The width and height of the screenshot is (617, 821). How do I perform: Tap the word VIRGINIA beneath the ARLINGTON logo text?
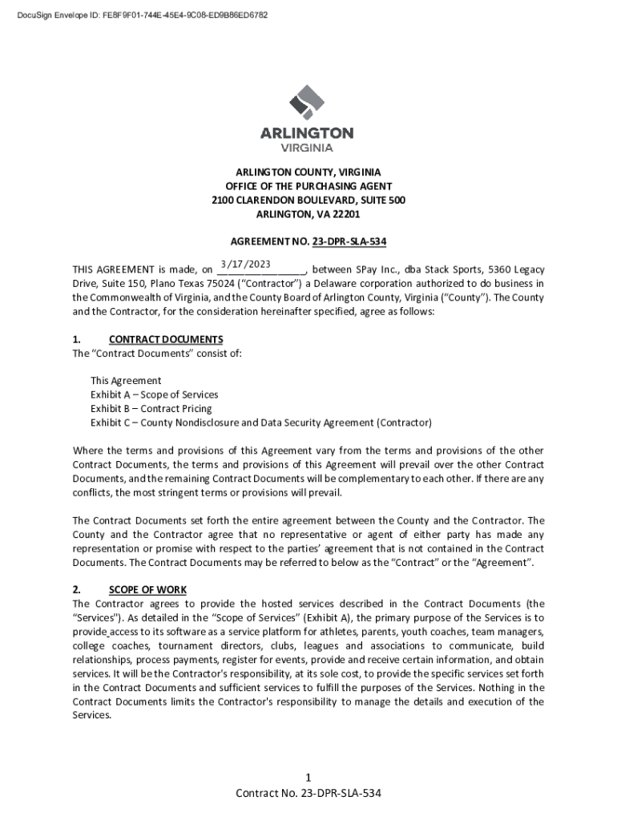307,148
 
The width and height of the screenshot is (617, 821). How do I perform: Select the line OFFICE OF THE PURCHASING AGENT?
308,186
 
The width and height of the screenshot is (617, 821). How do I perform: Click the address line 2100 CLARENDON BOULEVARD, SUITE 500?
308,200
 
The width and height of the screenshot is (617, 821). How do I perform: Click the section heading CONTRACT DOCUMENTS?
166,339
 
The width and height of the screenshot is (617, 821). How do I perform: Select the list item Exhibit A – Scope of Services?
154,394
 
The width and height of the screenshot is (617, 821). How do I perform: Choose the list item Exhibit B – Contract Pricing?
151,409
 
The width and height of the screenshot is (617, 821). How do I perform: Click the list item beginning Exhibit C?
260,423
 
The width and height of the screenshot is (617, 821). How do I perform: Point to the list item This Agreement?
126,381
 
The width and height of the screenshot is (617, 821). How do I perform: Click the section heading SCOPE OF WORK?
147,590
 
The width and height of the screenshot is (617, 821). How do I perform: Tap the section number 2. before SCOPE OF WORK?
77,590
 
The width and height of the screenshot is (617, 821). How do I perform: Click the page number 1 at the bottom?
308,778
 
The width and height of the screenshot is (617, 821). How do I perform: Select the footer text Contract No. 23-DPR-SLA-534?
308,794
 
